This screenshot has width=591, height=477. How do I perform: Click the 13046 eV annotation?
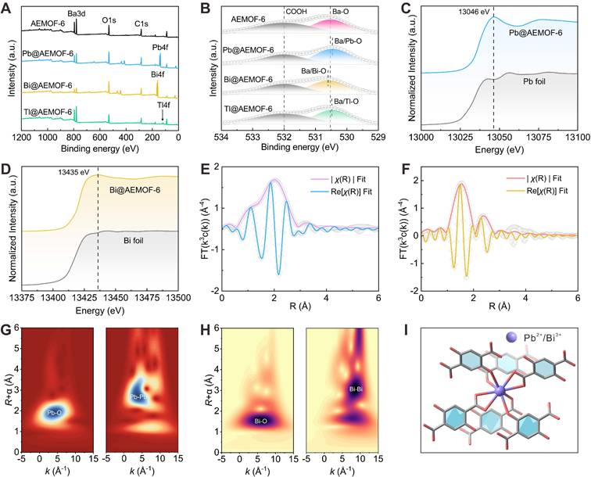point(467,11)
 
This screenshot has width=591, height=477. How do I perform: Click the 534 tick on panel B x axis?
point(221,138)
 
